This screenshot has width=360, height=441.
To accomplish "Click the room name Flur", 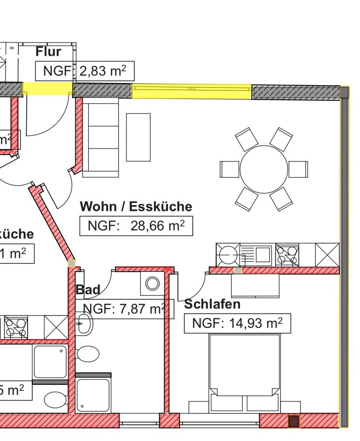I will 48,51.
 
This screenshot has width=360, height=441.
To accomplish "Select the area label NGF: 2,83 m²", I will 85,71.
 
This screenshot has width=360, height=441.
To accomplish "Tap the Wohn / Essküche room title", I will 136,206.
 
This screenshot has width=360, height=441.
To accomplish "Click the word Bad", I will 87,290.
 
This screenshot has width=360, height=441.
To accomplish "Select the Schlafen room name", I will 212,304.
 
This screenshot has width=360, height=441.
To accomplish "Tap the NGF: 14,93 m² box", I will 237,323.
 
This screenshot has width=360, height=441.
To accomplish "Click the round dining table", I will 263,169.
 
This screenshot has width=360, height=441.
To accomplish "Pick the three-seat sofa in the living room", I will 100,140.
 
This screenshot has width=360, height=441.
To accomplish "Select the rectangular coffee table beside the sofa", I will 138,137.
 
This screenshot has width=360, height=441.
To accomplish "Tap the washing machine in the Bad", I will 152,283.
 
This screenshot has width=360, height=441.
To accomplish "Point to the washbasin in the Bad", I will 85,323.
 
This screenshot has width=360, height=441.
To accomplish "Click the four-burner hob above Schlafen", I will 287,255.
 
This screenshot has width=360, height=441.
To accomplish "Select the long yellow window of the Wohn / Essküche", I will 192,92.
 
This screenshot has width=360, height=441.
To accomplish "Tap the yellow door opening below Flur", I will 47,89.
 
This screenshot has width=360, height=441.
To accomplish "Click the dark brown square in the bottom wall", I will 293,421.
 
